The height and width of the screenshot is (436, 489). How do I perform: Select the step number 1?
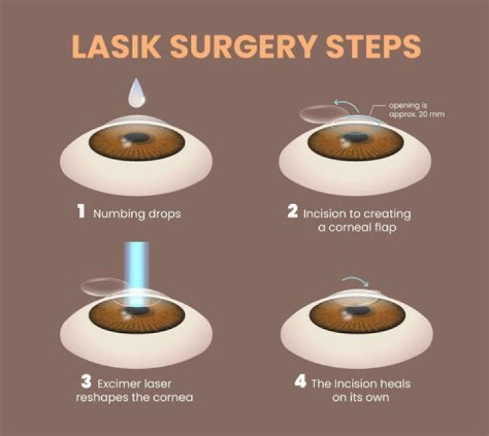coord(79,212)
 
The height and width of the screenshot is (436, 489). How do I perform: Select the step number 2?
coord(293,212)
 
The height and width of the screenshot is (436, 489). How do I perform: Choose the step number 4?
coord(300,382)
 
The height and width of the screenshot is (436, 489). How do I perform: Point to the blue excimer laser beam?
coord(139,271)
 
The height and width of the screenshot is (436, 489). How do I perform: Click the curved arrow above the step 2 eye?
coord(352,104)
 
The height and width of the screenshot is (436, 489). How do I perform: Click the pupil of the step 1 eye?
coord(139,138)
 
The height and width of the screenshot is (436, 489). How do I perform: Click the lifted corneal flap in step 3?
coord(100,286)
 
